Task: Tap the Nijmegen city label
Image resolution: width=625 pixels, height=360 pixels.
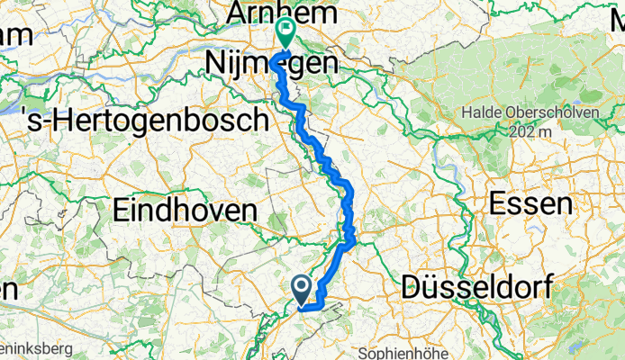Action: coord(273,64)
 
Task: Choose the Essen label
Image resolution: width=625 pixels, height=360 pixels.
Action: coord(531,203)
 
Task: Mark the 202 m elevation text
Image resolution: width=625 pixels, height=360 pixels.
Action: coord(531,131)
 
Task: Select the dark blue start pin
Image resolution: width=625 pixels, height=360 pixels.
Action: coord(302,289)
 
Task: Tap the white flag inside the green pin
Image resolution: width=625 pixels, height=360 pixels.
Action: coord(285,30)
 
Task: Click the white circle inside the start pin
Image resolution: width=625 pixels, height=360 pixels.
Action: coord(302,286)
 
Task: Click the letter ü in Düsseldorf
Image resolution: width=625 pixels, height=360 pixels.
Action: coord(430,289)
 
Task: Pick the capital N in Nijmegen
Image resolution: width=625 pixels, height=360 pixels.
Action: coord(215,64)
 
